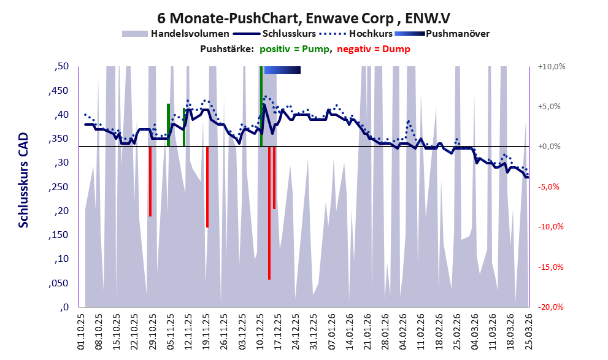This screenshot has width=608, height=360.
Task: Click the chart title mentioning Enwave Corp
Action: (304, 18)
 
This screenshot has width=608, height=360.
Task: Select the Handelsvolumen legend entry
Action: (175, 34)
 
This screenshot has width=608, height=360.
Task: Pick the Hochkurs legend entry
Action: (356, 34)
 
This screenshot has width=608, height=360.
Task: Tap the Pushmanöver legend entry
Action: (442, 34)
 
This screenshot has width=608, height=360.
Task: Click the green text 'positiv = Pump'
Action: (295, 49)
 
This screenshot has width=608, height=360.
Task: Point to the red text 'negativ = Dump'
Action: (374, 49)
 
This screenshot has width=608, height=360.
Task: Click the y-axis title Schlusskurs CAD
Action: (24, 180)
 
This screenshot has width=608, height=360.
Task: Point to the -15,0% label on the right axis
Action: (551, 267)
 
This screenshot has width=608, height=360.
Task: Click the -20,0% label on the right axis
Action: (551, 307)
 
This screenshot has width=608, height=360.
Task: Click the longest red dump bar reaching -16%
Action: (269, 213)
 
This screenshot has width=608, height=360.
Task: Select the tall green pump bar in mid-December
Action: (261, 106)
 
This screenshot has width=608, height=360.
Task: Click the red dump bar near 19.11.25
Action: (207, 187)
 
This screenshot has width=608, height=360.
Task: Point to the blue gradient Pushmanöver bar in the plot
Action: (282, 70)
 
